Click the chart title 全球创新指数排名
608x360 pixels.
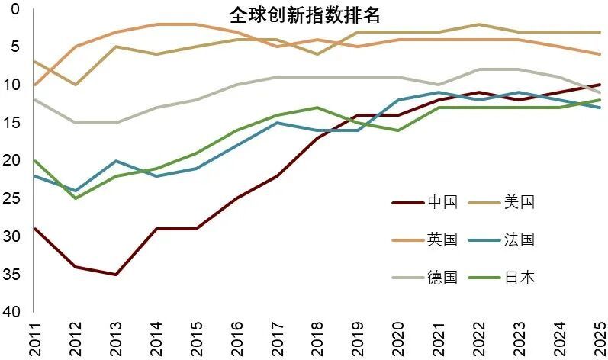click(304, 15)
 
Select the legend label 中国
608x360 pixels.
click(442, 203)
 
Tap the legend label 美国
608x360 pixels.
click(520, 203)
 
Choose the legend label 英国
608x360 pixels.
click(442, 239)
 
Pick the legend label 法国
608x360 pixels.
click(520, 239)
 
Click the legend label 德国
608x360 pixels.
click(442, 277)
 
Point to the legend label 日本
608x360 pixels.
click(520, 277)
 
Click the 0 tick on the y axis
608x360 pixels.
click(15, 9)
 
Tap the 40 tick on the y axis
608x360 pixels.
click(11, 312)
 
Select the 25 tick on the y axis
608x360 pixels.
click(11, 198)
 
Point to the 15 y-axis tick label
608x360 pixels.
click(11, 123)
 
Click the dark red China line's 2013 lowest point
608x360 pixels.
click(115, 274)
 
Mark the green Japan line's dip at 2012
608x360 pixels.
click(76, 198)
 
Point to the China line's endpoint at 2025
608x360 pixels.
click(600, 85)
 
